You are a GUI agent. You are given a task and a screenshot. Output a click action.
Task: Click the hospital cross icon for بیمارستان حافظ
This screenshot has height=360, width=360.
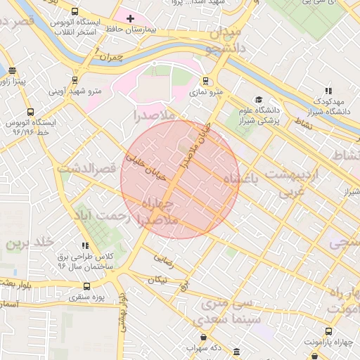pos(131,18)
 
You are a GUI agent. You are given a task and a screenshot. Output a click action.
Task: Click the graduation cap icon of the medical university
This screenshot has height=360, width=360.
pos(259,100)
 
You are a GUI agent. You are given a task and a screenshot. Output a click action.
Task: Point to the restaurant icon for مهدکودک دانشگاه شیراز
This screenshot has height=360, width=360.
pos(328,90)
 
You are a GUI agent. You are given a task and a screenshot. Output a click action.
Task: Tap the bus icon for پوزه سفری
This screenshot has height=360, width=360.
pos(86,286)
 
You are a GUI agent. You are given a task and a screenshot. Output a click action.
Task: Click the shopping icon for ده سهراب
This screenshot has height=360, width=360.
pos(203,337)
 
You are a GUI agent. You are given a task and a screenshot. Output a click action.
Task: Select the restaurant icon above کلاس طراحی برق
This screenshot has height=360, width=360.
pos(85,245)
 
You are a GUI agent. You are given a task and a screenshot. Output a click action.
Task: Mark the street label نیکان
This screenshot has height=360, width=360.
pos(157,279)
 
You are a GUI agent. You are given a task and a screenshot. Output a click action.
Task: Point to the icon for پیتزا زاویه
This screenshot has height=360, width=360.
pos(12,70)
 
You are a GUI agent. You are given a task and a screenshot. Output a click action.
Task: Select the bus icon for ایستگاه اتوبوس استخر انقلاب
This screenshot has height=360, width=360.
pos(75,11)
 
